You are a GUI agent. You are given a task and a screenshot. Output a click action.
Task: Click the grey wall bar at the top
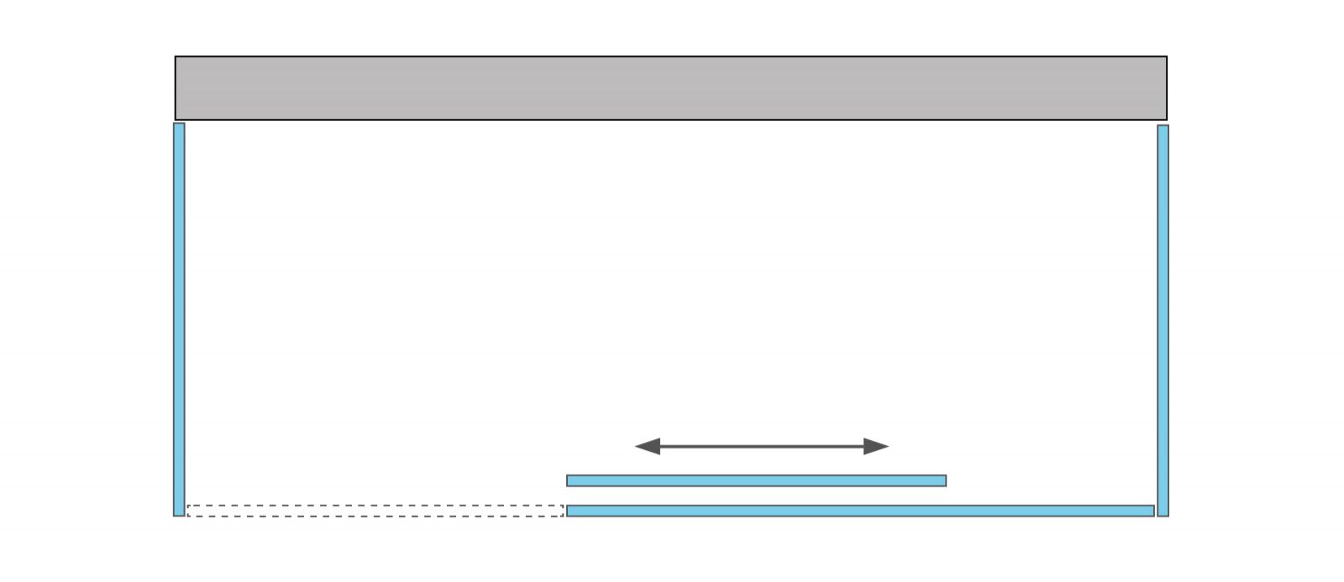coord(670,88)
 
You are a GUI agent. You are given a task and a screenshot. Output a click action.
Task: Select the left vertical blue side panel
coord(179,319)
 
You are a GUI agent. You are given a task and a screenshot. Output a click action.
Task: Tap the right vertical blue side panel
coord(1163,319)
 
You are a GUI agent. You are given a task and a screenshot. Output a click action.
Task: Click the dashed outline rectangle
coord(375,511)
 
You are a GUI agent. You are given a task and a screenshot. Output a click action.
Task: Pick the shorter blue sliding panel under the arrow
coord(756,480)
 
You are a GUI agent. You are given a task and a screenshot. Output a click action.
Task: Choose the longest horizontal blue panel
coord(860,511)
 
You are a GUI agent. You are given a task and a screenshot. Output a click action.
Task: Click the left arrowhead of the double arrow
coord(648,446)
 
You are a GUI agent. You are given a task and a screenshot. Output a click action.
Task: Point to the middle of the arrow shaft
coord(762,446)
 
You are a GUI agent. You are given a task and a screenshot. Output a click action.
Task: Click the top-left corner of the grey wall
coord(176,58)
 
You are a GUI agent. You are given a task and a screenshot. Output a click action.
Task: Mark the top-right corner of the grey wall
coord(1165,58)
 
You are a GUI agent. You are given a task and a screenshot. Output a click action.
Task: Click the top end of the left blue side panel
coord(179,126)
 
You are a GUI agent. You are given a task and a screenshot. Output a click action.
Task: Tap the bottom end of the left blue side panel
coord(179,513)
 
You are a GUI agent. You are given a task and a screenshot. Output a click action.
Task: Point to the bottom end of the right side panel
coord(1163,513)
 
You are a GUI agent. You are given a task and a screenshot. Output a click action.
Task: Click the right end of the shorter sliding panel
coord(943,480)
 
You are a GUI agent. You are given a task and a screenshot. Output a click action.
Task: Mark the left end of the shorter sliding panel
coord(570,480)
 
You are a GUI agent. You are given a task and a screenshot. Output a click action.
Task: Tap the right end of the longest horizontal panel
coord(1151,511)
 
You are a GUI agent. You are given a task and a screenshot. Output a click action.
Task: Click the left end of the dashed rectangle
coord(189,511)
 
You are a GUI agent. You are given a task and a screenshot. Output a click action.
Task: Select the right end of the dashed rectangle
coord(561,511)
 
